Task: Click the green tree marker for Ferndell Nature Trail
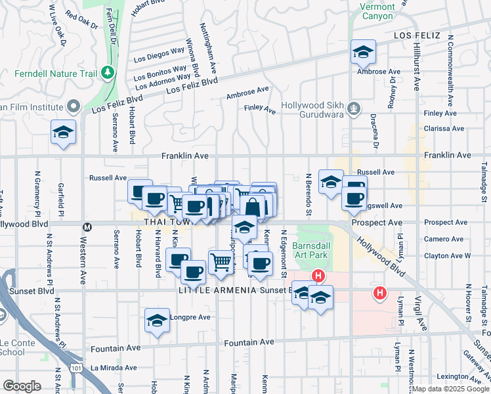pos(107,72)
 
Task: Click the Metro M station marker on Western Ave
pos(85,227)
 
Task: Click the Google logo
pos(22,386)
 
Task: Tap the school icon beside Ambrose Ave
pos(362,53)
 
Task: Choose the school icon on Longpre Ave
pos(157,320)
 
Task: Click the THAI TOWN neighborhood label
pos(163,223)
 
